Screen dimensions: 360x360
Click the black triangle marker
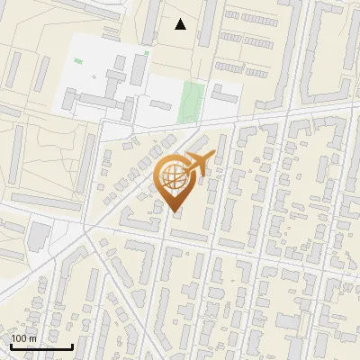click(181, 24)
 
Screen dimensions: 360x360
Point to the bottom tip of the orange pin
click(174, 212)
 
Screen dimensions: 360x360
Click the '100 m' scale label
click(23, 338)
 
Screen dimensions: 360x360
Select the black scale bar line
click(41, 346)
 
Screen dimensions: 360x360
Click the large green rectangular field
click(190, 101)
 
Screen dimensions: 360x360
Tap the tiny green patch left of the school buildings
click(78, 61)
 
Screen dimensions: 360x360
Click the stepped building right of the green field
click(223, 95)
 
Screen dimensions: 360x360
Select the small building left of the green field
click(161, 105)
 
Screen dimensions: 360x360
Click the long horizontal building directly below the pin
click(188, 236)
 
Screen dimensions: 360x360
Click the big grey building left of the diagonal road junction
click(39, 237)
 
